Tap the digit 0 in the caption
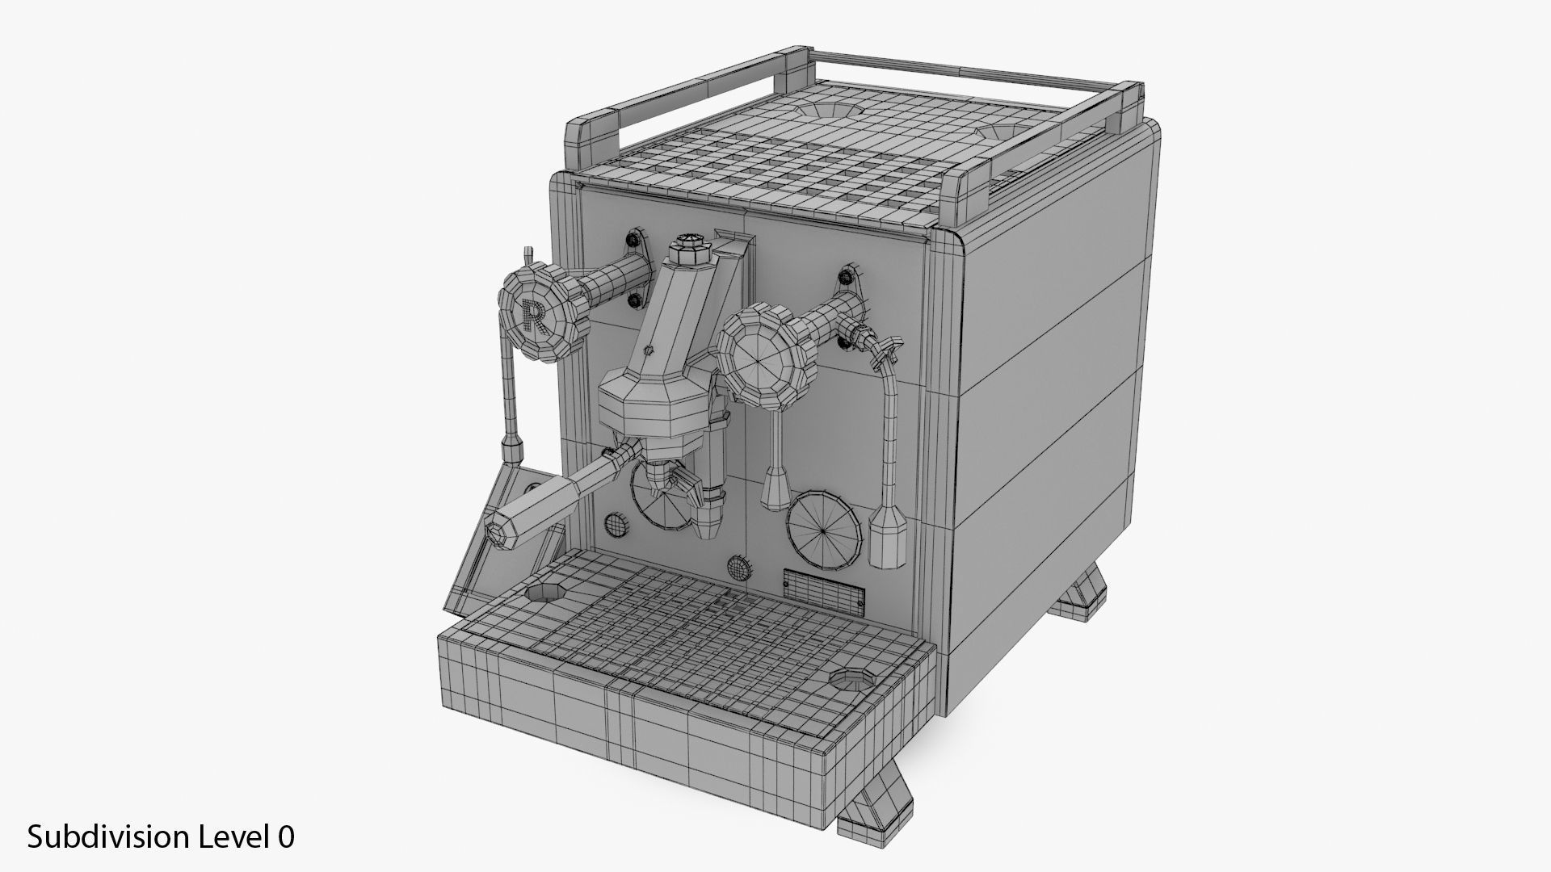(286, 837)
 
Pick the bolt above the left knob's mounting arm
(633, 240)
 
